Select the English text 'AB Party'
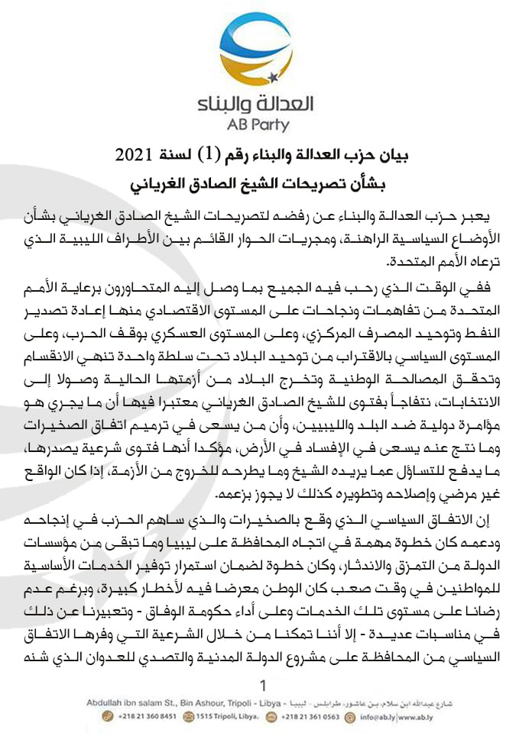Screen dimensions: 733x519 click(x=259, y=124)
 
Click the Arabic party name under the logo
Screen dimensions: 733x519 click(x=259, y=102)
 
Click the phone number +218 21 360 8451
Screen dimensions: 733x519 click(x=150, y=717)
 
